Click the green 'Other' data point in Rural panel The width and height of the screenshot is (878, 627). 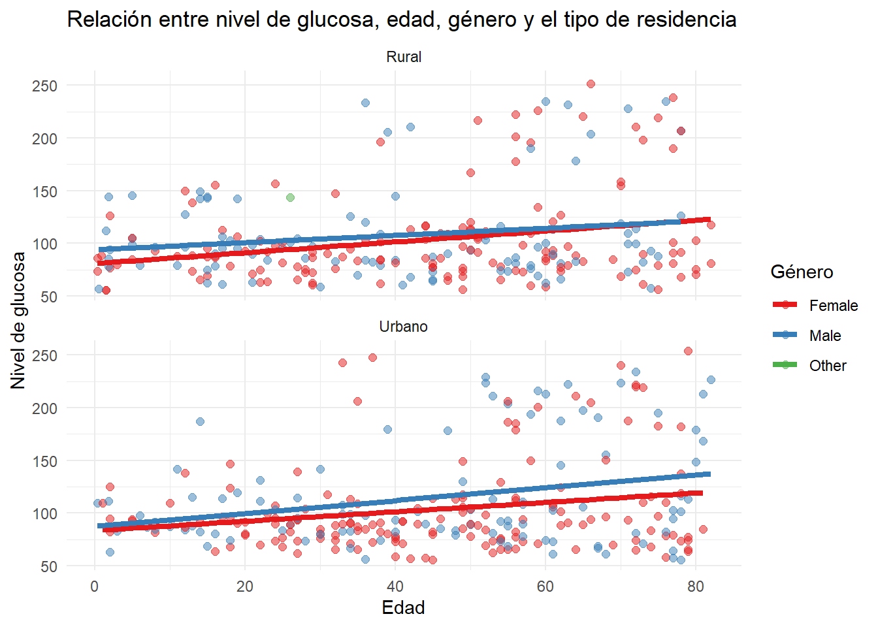coord(290,197)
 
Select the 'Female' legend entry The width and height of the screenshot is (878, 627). coord(833,306)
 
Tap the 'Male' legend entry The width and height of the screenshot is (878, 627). coord(824,336)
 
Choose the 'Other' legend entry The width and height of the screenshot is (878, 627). coord(827,366)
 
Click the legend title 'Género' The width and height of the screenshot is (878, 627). coord(802,272)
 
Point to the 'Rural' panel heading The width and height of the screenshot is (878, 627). coord(404,57)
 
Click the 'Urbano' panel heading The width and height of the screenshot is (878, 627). coord(404,327)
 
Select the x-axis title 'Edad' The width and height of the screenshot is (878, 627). coord(403,607)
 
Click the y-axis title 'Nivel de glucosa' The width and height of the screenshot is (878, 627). coord(18,320)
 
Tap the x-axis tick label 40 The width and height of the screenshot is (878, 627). coord(395,587)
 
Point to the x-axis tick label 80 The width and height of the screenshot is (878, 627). coord(696,587)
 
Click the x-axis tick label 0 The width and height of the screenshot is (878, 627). coord(95,587)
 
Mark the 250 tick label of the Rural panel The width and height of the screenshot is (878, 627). coord(44,86)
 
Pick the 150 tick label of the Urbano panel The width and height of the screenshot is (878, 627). coord(44,461)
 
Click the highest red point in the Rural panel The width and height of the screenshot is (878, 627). coord(591,84)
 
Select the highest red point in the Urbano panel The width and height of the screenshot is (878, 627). coord(688,351)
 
